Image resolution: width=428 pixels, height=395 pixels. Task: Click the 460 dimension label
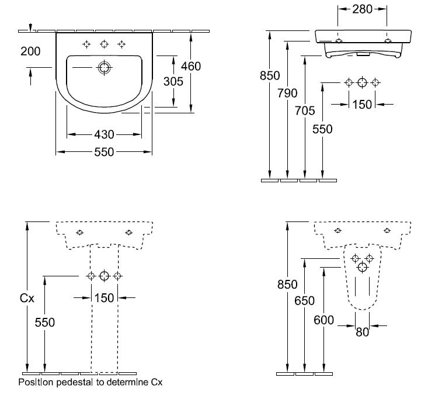(x=191, y=67)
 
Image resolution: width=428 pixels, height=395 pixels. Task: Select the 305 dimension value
(x=173, y=81)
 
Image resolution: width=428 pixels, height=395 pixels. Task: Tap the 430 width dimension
(x=104, y=134)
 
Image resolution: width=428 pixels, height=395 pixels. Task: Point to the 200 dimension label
(x=30, y=51)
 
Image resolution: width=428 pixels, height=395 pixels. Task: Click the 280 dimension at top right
(x=362, y=9)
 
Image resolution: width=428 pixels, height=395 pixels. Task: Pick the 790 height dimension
(x=287, y=93)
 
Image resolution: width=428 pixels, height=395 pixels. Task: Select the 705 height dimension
(x=305, y=110)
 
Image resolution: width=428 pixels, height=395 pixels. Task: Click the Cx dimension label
(x=27, y=298)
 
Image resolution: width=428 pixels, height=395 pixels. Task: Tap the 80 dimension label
(x=363, y=332)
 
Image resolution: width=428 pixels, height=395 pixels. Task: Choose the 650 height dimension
(x=305, y=301)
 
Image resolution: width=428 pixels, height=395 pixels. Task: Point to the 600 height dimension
(x=323, y=320)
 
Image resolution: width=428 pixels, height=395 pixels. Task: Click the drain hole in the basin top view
(x=104, y=67)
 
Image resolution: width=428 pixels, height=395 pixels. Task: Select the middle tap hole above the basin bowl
(x=104, y=44)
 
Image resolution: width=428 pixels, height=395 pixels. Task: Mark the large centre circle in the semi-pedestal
(x=363, y=267)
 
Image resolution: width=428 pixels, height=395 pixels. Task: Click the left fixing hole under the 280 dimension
(x=339, y=41)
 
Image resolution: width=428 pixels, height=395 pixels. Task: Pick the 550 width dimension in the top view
(x=104, y=152)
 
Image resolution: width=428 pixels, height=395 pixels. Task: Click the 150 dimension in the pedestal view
(x=104, y=298)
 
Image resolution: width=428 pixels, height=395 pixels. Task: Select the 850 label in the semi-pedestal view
(x=287, y=285)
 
